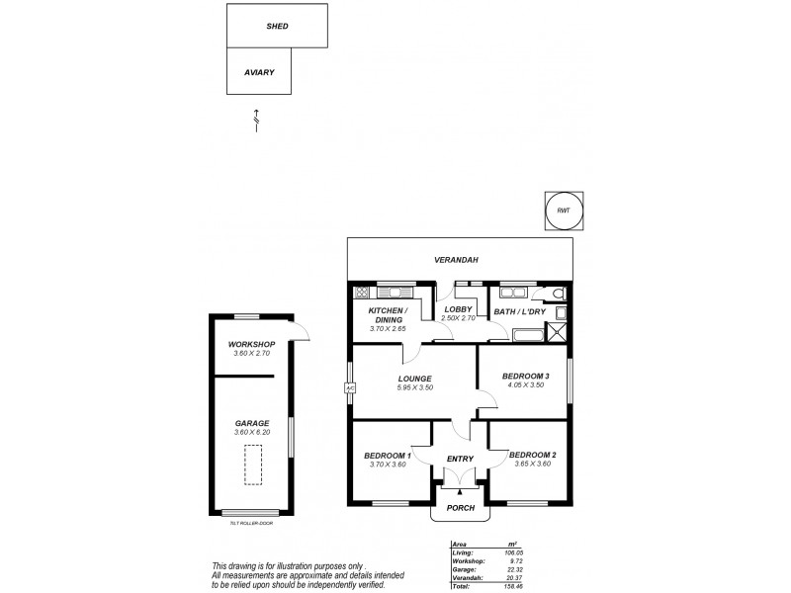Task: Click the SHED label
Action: pyautogui.click(x=277, y=26)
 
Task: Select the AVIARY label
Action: pyautogui.click(x=259, y=73)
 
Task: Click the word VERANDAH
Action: pyautogui.click(x=457, y=260)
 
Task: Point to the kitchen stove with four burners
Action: pyautogui.click(x=361, y=293)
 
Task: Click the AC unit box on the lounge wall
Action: pyautogui.click(x=349, y=387)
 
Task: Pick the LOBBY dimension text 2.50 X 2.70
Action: pyautogui.click(x=459, y=318)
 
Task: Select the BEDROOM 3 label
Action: pyautogui.click(x=525, y=377)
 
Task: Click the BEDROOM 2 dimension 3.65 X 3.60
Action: pyautogui.click(x=532, y=464)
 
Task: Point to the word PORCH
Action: pyautogui.click(x=460, y=508)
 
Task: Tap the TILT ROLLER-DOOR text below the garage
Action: pyautogui.click(x=250, y=523)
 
